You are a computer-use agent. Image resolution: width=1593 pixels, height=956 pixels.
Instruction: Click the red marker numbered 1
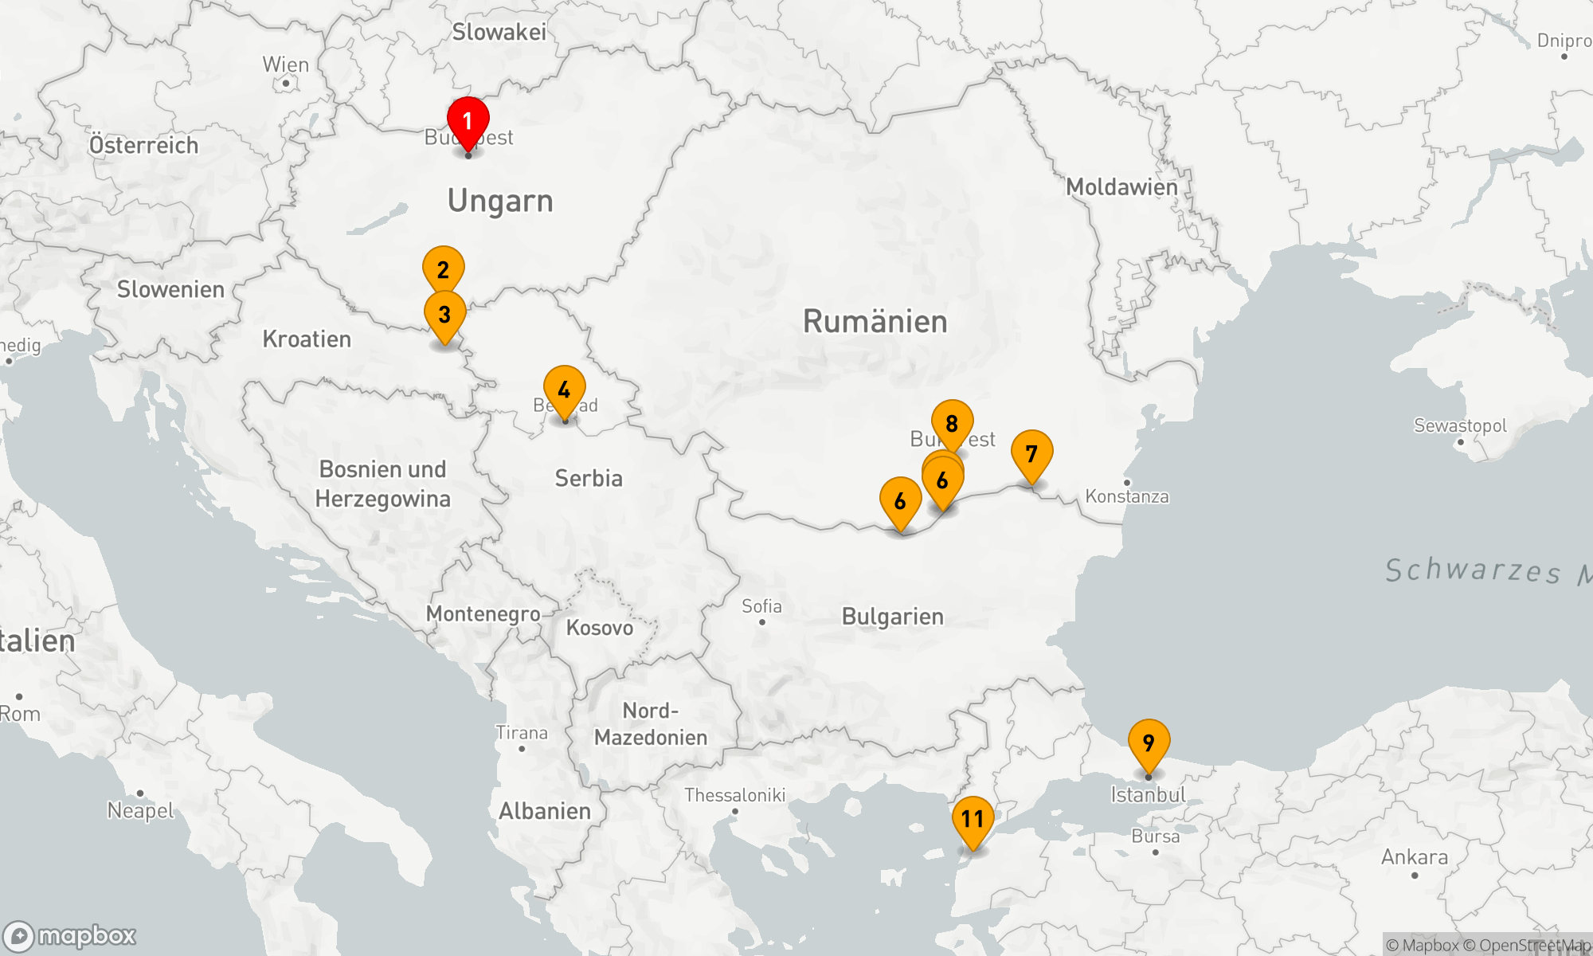468,122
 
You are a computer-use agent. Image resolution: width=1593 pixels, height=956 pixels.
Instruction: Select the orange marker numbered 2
443,269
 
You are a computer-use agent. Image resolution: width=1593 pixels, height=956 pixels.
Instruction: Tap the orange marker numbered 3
444,315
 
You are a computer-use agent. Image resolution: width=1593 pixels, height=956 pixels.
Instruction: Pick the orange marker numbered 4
564,390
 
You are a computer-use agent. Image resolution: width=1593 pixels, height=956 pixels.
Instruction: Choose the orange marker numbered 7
1031,454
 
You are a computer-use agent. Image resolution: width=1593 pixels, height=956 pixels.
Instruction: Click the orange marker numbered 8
952,423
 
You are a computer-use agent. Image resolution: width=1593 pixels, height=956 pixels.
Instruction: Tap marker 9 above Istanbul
1149,742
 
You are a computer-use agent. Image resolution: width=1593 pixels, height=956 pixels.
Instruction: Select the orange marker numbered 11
973,819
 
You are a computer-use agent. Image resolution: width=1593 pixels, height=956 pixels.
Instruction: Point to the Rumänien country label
875,322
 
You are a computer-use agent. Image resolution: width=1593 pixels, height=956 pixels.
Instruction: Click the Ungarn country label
500,202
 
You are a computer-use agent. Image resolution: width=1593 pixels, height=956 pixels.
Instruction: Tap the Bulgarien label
892,617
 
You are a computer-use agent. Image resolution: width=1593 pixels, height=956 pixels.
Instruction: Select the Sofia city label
761,607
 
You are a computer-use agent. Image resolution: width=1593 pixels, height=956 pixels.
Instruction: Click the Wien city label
286,65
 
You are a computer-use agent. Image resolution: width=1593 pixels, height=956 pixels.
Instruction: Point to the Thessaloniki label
734,795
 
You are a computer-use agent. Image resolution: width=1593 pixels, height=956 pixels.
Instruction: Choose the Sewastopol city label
1460,425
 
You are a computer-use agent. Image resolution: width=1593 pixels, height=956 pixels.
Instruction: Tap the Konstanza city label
1127,496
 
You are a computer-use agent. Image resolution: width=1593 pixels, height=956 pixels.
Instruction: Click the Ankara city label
1415,857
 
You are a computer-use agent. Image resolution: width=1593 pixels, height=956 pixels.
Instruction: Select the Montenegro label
483,613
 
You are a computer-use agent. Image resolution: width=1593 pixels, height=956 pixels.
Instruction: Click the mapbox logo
69,935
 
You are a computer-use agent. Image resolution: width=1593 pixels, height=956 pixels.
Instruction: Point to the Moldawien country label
1121,187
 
